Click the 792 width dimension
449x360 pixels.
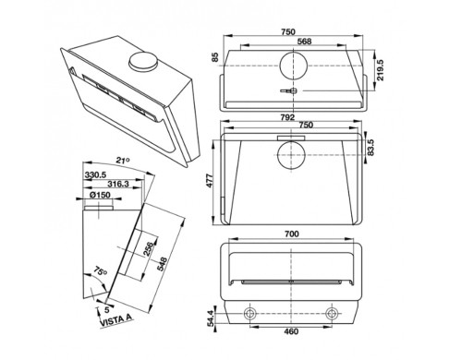[287, 117]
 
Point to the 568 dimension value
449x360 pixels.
[305, 42]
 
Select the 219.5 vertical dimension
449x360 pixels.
[381, 70]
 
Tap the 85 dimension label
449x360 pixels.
[215, 57]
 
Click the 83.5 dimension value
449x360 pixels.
[370, 148]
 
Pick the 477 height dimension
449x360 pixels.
[209, 181]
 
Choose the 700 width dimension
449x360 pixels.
[291, 234]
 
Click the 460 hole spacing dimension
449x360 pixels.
[291, 331]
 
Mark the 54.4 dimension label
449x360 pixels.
[210, 318]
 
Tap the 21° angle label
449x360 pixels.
[123, 161]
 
